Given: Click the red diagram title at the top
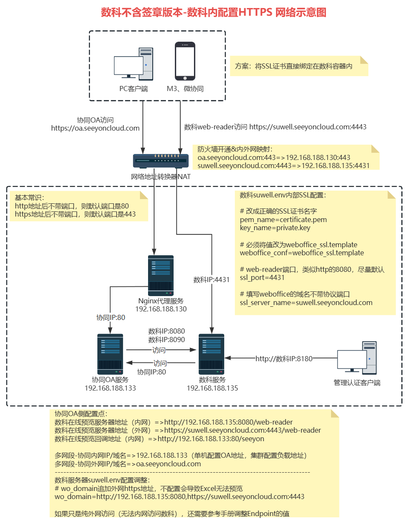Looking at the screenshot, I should pos(214,12).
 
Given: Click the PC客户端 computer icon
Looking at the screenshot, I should pos(134,64).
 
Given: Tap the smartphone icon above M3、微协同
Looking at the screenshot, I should pos(185,61).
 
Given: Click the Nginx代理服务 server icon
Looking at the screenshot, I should pos(161,275).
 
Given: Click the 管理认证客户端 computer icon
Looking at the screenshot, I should pos(357,358).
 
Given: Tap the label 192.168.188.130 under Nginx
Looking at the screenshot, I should pos(161,309).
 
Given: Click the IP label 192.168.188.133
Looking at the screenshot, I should pos(110,388).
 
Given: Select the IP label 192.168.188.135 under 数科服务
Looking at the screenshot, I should pos(212,388).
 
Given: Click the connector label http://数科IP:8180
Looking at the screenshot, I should pos(284,359).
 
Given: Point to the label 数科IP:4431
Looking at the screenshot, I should pos(211,280).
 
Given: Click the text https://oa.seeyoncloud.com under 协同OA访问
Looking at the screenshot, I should pos(95,128).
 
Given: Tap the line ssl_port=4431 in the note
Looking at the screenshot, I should pos(262,277).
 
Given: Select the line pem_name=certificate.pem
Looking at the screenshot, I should pos(283,220).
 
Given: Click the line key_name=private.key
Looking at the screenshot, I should pos(275,228).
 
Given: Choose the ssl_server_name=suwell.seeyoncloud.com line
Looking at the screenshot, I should pos(306,302).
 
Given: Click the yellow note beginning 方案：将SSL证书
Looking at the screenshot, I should pos(299,66).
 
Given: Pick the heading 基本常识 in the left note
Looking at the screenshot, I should pos(29,197).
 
